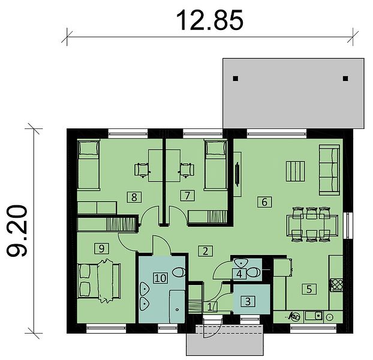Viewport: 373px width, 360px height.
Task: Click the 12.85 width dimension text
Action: [209, 20]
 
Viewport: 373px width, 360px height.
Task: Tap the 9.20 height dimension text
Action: [17, 231]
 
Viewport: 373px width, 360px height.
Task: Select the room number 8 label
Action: [134, 197]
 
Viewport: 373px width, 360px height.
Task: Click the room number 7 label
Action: [188, 196]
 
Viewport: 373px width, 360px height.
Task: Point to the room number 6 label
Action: [264, 202]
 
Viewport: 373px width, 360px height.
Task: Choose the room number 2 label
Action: [206, 251]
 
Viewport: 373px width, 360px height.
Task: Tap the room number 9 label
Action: [101, 248]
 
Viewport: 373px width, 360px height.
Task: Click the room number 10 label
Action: [161, 278]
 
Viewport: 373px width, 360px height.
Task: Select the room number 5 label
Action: [309, 289]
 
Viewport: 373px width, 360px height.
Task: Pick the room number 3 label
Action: [248, 301]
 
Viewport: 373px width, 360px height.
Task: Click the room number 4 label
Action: [239, 274]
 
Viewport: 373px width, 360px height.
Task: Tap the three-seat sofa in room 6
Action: [329, 170]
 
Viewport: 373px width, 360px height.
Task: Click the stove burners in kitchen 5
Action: [336, 285]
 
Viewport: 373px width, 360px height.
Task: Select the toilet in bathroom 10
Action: [179, 272]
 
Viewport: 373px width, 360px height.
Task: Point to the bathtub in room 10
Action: [178, 307]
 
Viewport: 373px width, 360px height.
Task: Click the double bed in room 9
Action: [99, 281]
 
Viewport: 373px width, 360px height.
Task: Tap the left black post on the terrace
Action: [236, 79]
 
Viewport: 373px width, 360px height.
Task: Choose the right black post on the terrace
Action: [345, 79]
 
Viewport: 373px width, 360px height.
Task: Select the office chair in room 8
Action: [142, 170]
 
